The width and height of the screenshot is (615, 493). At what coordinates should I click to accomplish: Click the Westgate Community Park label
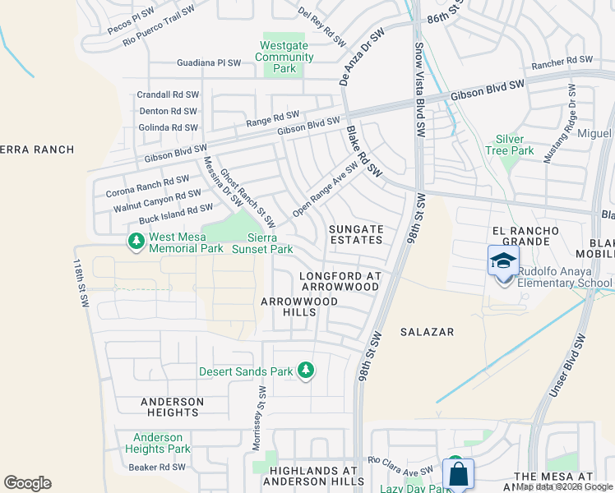pyautogui.click(x=284, y=58)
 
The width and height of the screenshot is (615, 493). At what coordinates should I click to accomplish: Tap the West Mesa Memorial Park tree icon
pyautogui.click(x=135, y=242)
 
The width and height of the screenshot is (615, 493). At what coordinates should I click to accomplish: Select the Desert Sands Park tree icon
pyautogui.click(x=306, y=371)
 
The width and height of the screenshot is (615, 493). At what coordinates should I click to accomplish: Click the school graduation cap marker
pyautogui.click(x=503, y=261)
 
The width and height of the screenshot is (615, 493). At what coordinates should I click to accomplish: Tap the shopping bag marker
pyautogui.click(x=458, y=474)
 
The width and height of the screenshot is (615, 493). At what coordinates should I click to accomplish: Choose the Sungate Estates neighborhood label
pyautogui.click(x=356, y=234)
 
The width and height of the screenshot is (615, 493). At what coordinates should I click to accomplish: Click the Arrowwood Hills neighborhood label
pyautogui.click(x=299, y=307)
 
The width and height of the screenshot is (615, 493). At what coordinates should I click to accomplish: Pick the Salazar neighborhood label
pyautogui.click(x=427, y=331)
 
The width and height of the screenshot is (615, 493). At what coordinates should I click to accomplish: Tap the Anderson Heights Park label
pyautogui.click(x=157, y=443)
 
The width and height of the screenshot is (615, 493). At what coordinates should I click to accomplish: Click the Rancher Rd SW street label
pyautogui.click(x=562, y=60)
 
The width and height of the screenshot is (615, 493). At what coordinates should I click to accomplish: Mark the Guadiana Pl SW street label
pyautogui.click(x=209, y=62)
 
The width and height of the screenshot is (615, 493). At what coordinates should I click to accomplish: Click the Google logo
pyautogui.click(x=27, y=483)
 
